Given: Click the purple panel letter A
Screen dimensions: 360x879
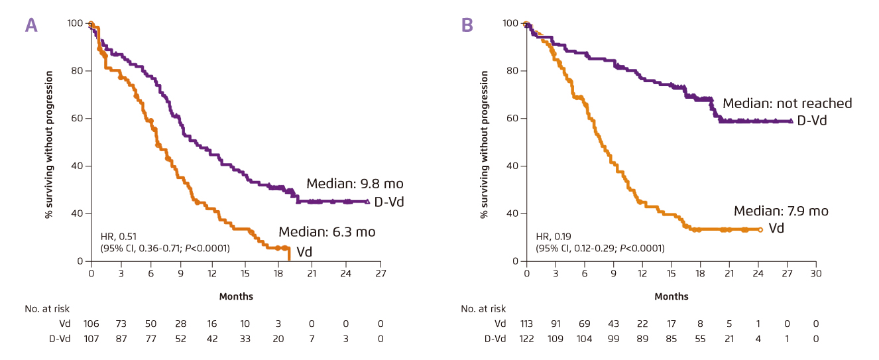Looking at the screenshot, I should click(x=31, y=25).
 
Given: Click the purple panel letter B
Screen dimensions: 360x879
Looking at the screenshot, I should click(x=467, y=25).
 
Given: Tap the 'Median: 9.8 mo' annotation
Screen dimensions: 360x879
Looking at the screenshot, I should click(x=355, y=184).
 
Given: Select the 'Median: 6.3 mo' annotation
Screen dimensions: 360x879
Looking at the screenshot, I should click(x=327, y=232).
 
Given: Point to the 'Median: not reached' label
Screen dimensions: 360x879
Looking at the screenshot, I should click(x=787, y=103).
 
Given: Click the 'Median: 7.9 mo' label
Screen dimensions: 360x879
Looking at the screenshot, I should click(x=781, y=211).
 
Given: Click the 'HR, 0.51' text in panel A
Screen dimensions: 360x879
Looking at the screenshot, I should click(x=115, y=237).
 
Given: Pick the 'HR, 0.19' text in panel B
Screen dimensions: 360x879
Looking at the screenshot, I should click(x=552, y=237).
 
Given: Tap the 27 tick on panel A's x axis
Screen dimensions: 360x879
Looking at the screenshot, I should click(x=381, y=273).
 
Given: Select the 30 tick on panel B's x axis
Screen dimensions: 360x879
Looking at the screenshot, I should click(x=816, y=273).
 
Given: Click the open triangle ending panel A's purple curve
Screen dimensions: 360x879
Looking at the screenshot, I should click(x=367, y=201).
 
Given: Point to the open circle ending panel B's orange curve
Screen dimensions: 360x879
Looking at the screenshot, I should click(x=760, y=229).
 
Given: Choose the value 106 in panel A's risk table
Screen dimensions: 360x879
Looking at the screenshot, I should click(x=91, y=324).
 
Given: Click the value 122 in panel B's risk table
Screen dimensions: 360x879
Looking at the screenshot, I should click(x=526, y=338).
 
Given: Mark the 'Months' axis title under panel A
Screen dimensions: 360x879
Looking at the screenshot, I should click(x=236, y=296).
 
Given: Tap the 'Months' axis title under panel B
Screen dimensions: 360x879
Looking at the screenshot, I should click(x=672, y=296).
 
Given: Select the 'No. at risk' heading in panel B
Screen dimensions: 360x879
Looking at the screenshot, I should click(x=483, y=308).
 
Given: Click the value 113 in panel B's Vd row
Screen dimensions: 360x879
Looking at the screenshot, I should click(x=526, y=324).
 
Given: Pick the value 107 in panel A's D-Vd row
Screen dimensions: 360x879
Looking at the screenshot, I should click(x=91, y=338).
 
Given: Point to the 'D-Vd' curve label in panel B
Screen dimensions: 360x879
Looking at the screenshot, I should click(x=811, y=121).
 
